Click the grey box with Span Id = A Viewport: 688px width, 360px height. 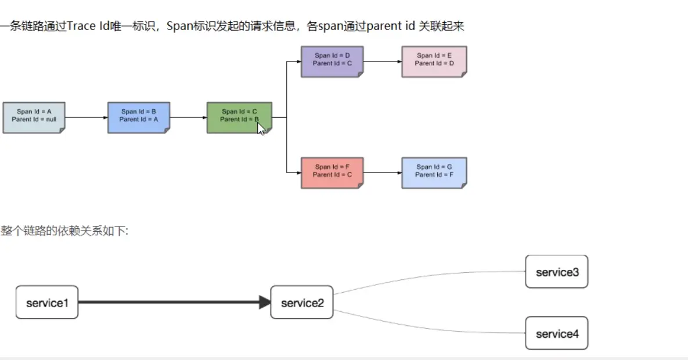(34, 118)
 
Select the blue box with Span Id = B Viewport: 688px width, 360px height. (138, 118)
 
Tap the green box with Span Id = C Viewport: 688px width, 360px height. (239, 117)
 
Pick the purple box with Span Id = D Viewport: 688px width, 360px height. (332, 62)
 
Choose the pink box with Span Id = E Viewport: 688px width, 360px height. (434, 62)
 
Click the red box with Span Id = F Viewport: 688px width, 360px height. (332, 172)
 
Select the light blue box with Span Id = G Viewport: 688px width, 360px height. (434, 172)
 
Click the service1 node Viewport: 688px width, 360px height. (47, 302)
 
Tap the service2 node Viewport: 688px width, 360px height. (302, 302)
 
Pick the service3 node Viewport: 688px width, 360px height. (557, 272)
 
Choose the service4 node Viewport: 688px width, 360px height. (557, 333)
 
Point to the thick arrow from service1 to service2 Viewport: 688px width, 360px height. (174, 302)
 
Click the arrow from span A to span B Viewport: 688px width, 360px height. (87, 118)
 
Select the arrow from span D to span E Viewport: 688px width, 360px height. (383, 62)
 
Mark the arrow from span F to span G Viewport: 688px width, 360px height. (383, 172)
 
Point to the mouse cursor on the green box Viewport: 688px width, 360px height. (261, 128)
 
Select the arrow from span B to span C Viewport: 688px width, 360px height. (188, 118)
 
